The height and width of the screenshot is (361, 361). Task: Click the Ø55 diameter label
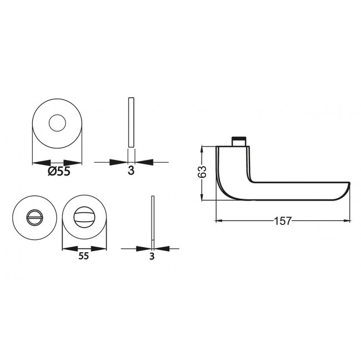(x=59, y=172)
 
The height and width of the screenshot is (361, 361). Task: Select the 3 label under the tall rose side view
(x=131, y=171)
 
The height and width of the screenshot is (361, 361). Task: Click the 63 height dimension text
(x=203, y=172)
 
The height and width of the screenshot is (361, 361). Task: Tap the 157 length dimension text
(x=282, y=220)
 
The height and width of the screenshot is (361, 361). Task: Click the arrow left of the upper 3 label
(x=119, y=162)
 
